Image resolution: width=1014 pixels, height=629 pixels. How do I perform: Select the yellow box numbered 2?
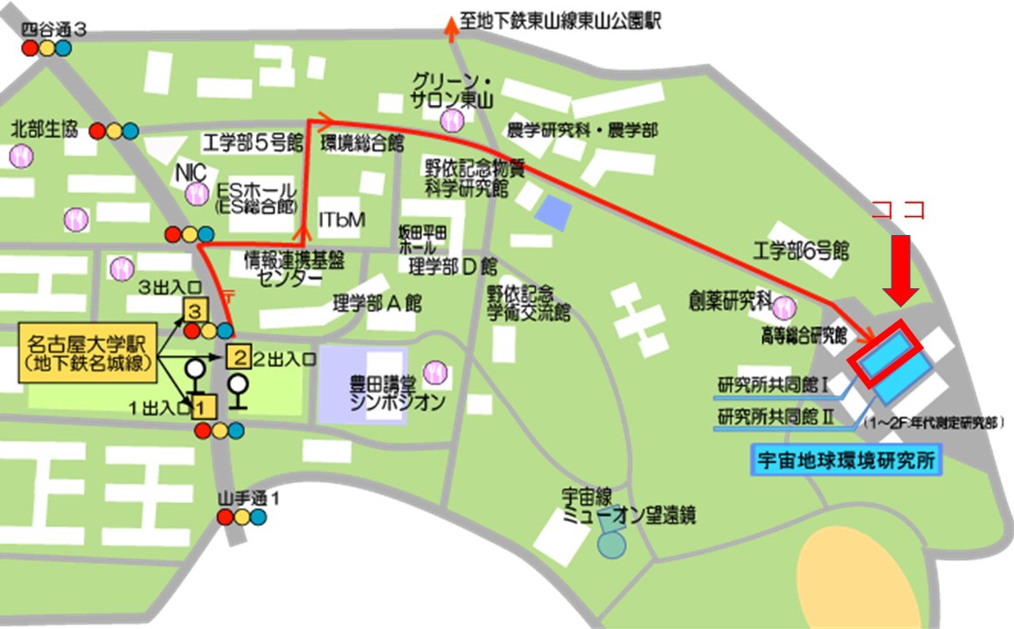pyautogui.click(x=239, y=356)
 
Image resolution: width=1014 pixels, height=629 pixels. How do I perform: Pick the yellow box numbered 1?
pyautogui.click(x=203, y=405)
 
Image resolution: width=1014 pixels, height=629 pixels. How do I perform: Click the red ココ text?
pyautogui.click(x=899, y=211)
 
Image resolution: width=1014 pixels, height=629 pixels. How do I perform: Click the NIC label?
pyautogui.click(x=190, y=171)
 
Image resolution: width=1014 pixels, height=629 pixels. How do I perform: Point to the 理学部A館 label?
pyautogui.click(x=377, y=304)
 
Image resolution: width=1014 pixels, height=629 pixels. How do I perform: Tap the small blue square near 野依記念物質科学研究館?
pyautogui.click(x=551, y=211)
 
